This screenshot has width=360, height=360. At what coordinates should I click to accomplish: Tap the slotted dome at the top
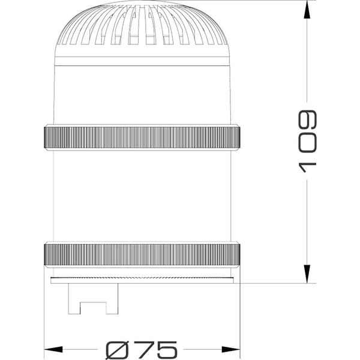(x=142, y=30)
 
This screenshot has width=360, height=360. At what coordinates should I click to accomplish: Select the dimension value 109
(x=307, y=141)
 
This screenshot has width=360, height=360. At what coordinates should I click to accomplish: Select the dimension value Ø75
(x=142, y=349)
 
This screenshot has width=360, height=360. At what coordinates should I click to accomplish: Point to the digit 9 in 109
(x=307, y=119)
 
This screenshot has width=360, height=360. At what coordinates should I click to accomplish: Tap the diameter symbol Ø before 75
(x=117, y=349)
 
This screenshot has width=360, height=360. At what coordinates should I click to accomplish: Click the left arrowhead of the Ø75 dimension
(x=54, y=349)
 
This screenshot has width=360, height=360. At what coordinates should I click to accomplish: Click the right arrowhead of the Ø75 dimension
(x=231, y=349)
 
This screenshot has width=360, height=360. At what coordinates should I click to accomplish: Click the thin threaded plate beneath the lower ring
(x=142, y=279)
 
